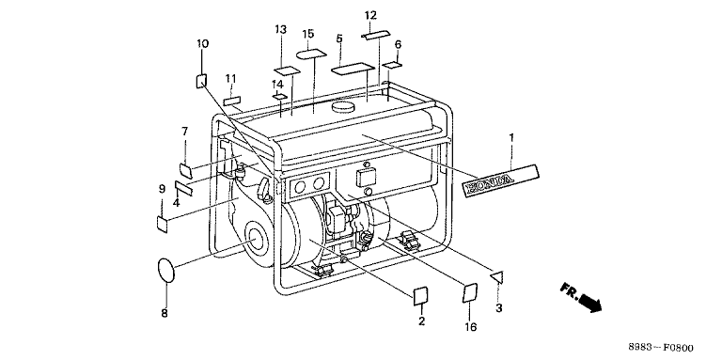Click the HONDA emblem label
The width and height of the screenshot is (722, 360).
point(500,180)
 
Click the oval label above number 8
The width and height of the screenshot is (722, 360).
point(166,271)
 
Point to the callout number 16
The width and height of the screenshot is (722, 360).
point(470,327)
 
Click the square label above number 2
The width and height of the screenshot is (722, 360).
point(422,296)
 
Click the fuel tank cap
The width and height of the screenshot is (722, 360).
point(343,106)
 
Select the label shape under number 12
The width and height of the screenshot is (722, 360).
point(375,35)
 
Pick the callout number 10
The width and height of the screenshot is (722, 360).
point(203,44)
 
